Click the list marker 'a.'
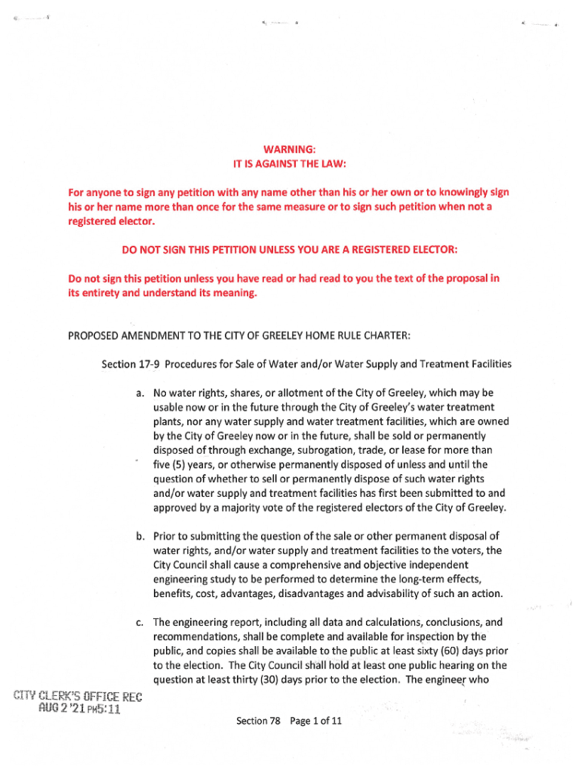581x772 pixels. click(141, 393)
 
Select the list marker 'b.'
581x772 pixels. click(141, 536)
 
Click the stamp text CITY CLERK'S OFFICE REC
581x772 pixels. click(75, 695)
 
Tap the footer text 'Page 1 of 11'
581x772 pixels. click(316, 721)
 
